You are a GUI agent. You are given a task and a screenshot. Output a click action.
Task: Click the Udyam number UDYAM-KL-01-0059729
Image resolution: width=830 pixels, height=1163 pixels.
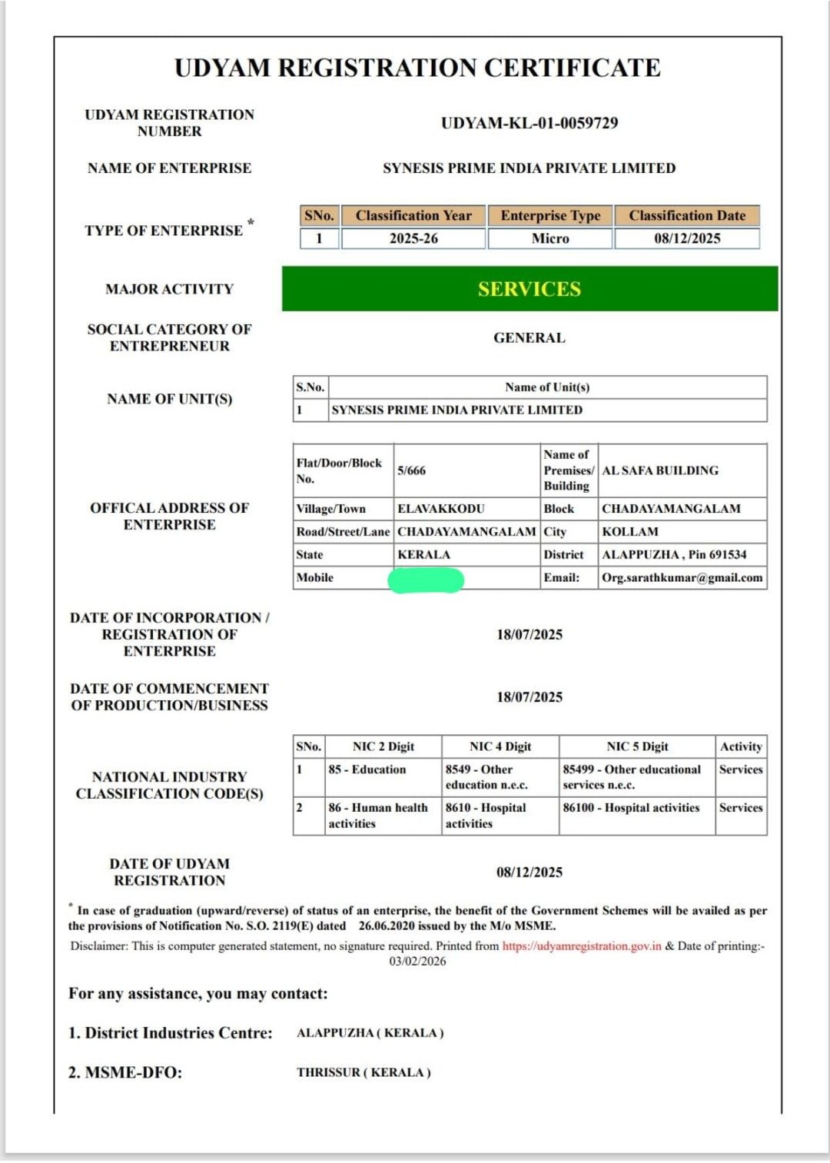click(x=529, y=123)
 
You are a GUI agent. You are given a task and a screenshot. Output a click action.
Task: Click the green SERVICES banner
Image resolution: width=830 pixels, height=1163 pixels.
click(x=530, y=289)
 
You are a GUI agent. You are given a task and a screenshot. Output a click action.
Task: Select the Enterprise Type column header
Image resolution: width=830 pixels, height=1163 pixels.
click(x=550, y=216)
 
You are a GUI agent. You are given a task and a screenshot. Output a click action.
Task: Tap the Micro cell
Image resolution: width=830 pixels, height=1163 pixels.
click(x=550, y=238)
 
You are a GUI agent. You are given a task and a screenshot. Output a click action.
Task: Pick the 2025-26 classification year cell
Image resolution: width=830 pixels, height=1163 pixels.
click(x=413, y=238)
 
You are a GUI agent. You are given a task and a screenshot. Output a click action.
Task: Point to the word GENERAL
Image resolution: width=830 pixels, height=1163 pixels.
click(x=529, y=337)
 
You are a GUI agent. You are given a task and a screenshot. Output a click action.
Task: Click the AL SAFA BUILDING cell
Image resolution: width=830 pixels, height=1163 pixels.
click(x=660, y=470)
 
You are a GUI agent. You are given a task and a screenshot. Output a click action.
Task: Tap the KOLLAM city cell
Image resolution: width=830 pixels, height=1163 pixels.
click(x=629, y=532)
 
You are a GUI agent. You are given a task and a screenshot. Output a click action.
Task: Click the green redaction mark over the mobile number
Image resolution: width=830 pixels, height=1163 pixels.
click(x=426, y=580)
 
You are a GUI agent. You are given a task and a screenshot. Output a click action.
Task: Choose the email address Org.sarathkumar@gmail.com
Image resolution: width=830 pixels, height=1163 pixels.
click(x=682, y=578)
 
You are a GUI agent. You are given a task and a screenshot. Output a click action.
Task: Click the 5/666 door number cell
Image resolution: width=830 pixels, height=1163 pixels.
click(x=411, y=470)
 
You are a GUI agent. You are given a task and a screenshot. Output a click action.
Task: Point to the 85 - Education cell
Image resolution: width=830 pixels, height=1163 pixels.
click(x=367, y=769)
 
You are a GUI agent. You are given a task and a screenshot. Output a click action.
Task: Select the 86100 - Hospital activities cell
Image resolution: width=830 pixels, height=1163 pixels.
click(x=631, y=808)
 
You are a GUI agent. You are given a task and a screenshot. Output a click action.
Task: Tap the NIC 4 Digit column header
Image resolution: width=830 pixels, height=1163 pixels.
click(x=500, y=746)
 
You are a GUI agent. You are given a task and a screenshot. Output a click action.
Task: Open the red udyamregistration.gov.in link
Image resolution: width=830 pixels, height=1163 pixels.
click(x=582, y=946)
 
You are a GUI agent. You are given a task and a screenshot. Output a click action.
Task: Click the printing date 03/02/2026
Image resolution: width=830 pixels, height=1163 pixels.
click(x=417, y=962)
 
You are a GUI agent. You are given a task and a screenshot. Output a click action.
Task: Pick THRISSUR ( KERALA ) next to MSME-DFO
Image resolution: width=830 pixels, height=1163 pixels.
click(x=364, y=1072)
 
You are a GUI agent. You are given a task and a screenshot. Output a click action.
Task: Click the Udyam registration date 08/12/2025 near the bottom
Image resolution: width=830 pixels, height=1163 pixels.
click(x=529, y=872)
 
